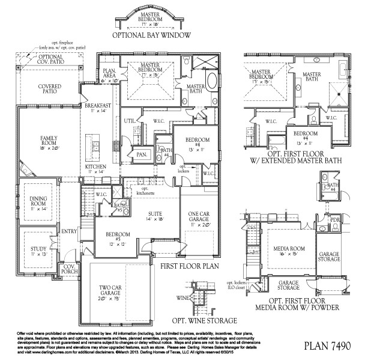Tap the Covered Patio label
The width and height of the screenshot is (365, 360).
(x=50, y=90)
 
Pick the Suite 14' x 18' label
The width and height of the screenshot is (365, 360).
(x=158, y=216)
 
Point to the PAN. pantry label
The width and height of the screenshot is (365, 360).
(x=142, y=154)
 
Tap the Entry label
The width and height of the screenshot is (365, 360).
(x=66, y=231)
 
